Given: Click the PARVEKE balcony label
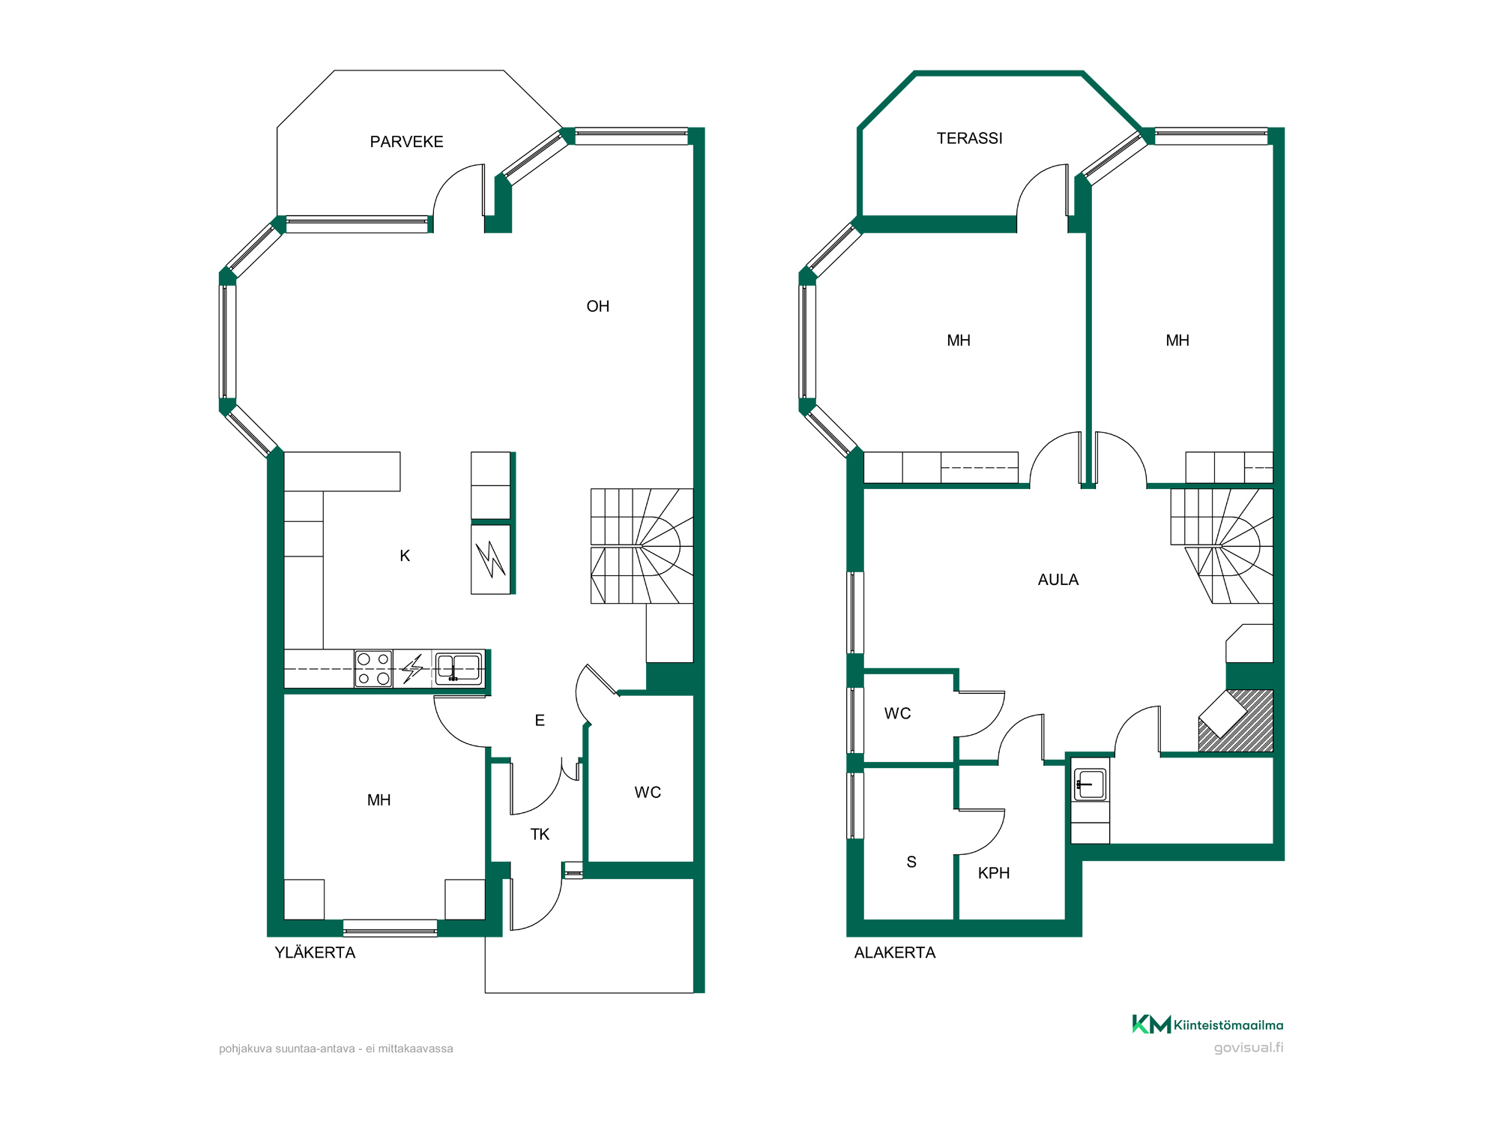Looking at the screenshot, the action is (x=406, y=142).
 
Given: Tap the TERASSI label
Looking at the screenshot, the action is (x=969, y=138).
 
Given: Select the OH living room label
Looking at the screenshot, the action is (x=597, y=306).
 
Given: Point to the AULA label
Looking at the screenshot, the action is (x=1058, y=580).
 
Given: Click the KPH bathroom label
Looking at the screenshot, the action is (x=994, y=873).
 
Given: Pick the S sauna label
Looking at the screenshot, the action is (x=911, y=862).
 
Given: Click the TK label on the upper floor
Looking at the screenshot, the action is (x=540, y=834).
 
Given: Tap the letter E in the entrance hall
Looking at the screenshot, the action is (x=540, y=720).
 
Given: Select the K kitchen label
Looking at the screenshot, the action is (x=405, y=556).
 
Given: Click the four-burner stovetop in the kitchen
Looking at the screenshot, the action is (x=373, y=668).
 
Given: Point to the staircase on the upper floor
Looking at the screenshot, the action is (x=642, y=546).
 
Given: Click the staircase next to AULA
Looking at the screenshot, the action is (x=1222, y=546).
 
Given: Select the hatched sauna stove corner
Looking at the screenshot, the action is (x=1236, y=721).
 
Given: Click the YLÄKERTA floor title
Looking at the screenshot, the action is (x=315, y=952).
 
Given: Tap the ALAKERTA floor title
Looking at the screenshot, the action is (x=895, y=952).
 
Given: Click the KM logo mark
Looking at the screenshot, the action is (x=1151, y=1024).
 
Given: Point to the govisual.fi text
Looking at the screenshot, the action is (x=1249, y=1047).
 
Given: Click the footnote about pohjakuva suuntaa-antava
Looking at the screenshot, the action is (x=336, y=1048).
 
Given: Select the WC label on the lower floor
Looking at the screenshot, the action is (x=897, y=713).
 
